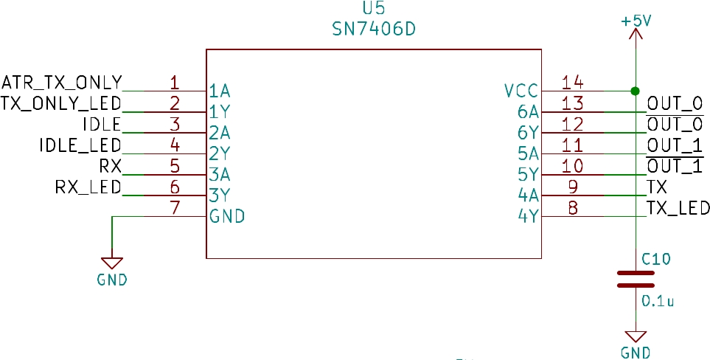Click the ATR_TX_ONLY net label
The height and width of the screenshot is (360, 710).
(x=62, y=83)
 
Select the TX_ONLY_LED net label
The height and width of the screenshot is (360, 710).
(x=61, y=103)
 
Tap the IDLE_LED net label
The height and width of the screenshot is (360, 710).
(x=80, y=145)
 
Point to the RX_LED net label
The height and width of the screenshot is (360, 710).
(x=88, y=187)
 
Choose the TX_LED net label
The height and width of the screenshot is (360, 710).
(x=678, y=208)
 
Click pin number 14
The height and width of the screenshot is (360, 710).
(x=572, y=82)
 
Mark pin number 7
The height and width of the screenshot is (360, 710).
(x=175, y=208)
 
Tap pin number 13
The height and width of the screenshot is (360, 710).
(x=572, y=103)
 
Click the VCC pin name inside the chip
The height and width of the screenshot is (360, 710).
(x=521, y=91)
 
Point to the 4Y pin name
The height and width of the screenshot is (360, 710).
(x=528, y=216)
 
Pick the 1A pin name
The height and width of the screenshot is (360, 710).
(x=220, y=91)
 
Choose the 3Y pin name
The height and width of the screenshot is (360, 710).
(x=220, y=195)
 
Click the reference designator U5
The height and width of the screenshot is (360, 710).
(x=374, y=9)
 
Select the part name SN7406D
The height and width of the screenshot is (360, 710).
(x=374, y=30)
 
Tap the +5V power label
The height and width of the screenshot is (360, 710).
(x=636, y=21)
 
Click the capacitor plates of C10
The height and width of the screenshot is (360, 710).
(x=636, y=279)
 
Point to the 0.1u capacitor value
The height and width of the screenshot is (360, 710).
(x=658, y=301)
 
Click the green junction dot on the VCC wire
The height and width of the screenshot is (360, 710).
(x=636, y=91)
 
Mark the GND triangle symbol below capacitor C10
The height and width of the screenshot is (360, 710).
(x=636, y=337)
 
